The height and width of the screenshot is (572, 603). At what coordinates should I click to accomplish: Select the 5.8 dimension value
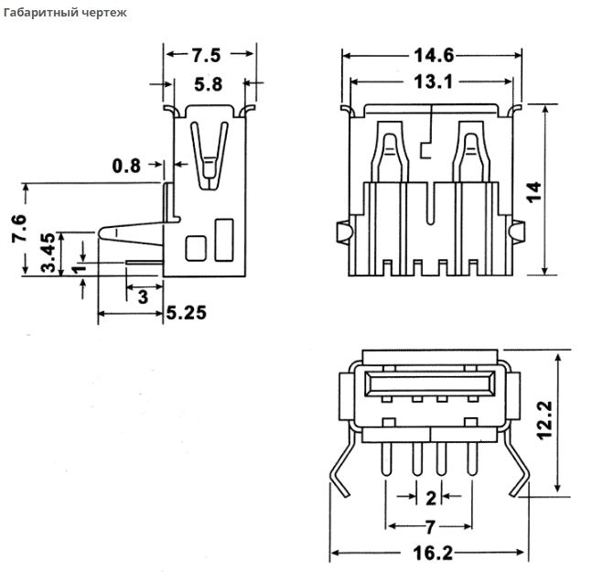(x=209, y=85)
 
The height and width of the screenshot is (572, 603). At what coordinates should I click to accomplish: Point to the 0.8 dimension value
(x=126, y=166)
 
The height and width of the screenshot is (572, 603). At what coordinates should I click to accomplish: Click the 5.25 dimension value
(x=186, y=313)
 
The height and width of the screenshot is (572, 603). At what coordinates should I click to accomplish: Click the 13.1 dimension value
(x=432, y=81)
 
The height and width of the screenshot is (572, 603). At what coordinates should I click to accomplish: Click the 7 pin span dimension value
(x=430, y=526)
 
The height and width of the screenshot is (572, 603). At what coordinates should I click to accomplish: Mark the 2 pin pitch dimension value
(x=430, y=498)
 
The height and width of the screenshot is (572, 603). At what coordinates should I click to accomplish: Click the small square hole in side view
(x=196, y=247)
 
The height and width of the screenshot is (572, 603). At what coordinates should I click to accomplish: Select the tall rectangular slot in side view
(x=223, y=239)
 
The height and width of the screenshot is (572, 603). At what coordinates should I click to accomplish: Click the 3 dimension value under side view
(x=142, y=297)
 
